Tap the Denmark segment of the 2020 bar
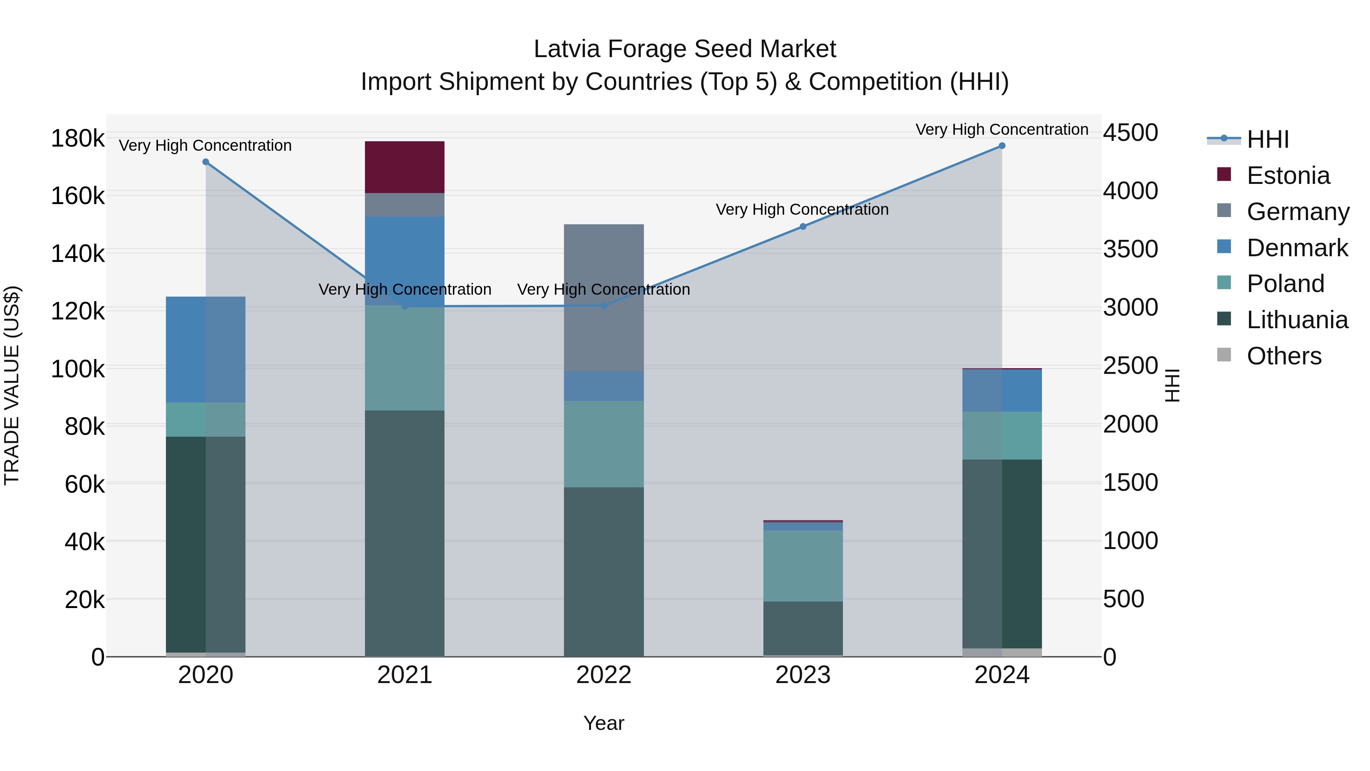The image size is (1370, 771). click(206, 349)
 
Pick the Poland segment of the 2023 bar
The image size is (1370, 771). click(803, 566)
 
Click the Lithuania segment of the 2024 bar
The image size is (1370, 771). click(1002, 553)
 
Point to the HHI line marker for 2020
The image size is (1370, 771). click(206, 162)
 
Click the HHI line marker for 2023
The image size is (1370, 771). click(803, 227)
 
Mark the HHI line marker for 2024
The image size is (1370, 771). click(1002, 146)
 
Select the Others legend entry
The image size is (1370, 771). click(1284, 356)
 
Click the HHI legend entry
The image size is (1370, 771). click(1268, 139)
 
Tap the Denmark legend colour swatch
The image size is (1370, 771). click(1224, 247)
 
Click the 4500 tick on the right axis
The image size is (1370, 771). click(1131, 132)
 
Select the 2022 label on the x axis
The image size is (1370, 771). click(604, 675)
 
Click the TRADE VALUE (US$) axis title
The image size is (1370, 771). click(12, 385)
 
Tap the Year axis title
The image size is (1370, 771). click(604, 723)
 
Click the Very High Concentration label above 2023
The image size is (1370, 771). click(802, 210)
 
